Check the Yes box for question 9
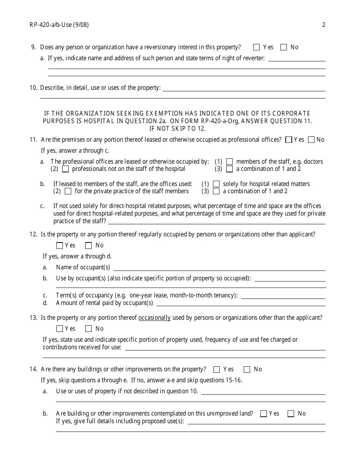tap(256, 47)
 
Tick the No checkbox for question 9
tap(283, 47)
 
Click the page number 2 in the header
tap(324, 25)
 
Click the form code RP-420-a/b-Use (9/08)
tap(59, 25)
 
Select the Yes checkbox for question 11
tap(289, 140)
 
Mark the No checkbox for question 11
tap(311, 140)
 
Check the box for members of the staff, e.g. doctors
tap(229, 162)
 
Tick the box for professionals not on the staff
tap(65, 169)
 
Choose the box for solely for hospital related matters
tap(216, 184)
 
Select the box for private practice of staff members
tap(68, 191)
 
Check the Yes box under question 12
tap(59, 246)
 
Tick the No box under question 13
tap(89, 329)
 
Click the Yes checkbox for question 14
tap(217, 369)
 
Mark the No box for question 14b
tap(291, 414)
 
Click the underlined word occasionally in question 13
tap(155, 318)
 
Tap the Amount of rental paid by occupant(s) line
tap(241, 303)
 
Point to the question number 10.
tap(33, 88)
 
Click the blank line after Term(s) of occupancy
tap(283, 296)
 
